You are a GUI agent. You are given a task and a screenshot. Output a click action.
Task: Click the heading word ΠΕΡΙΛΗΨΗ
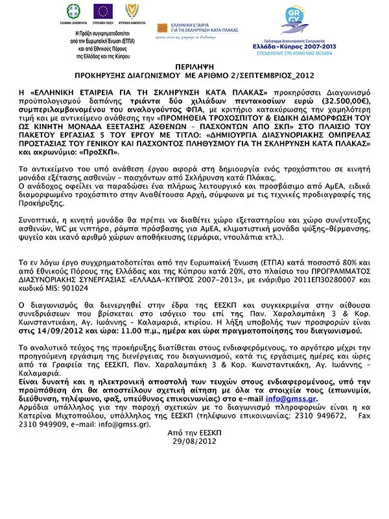[194, 67]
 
